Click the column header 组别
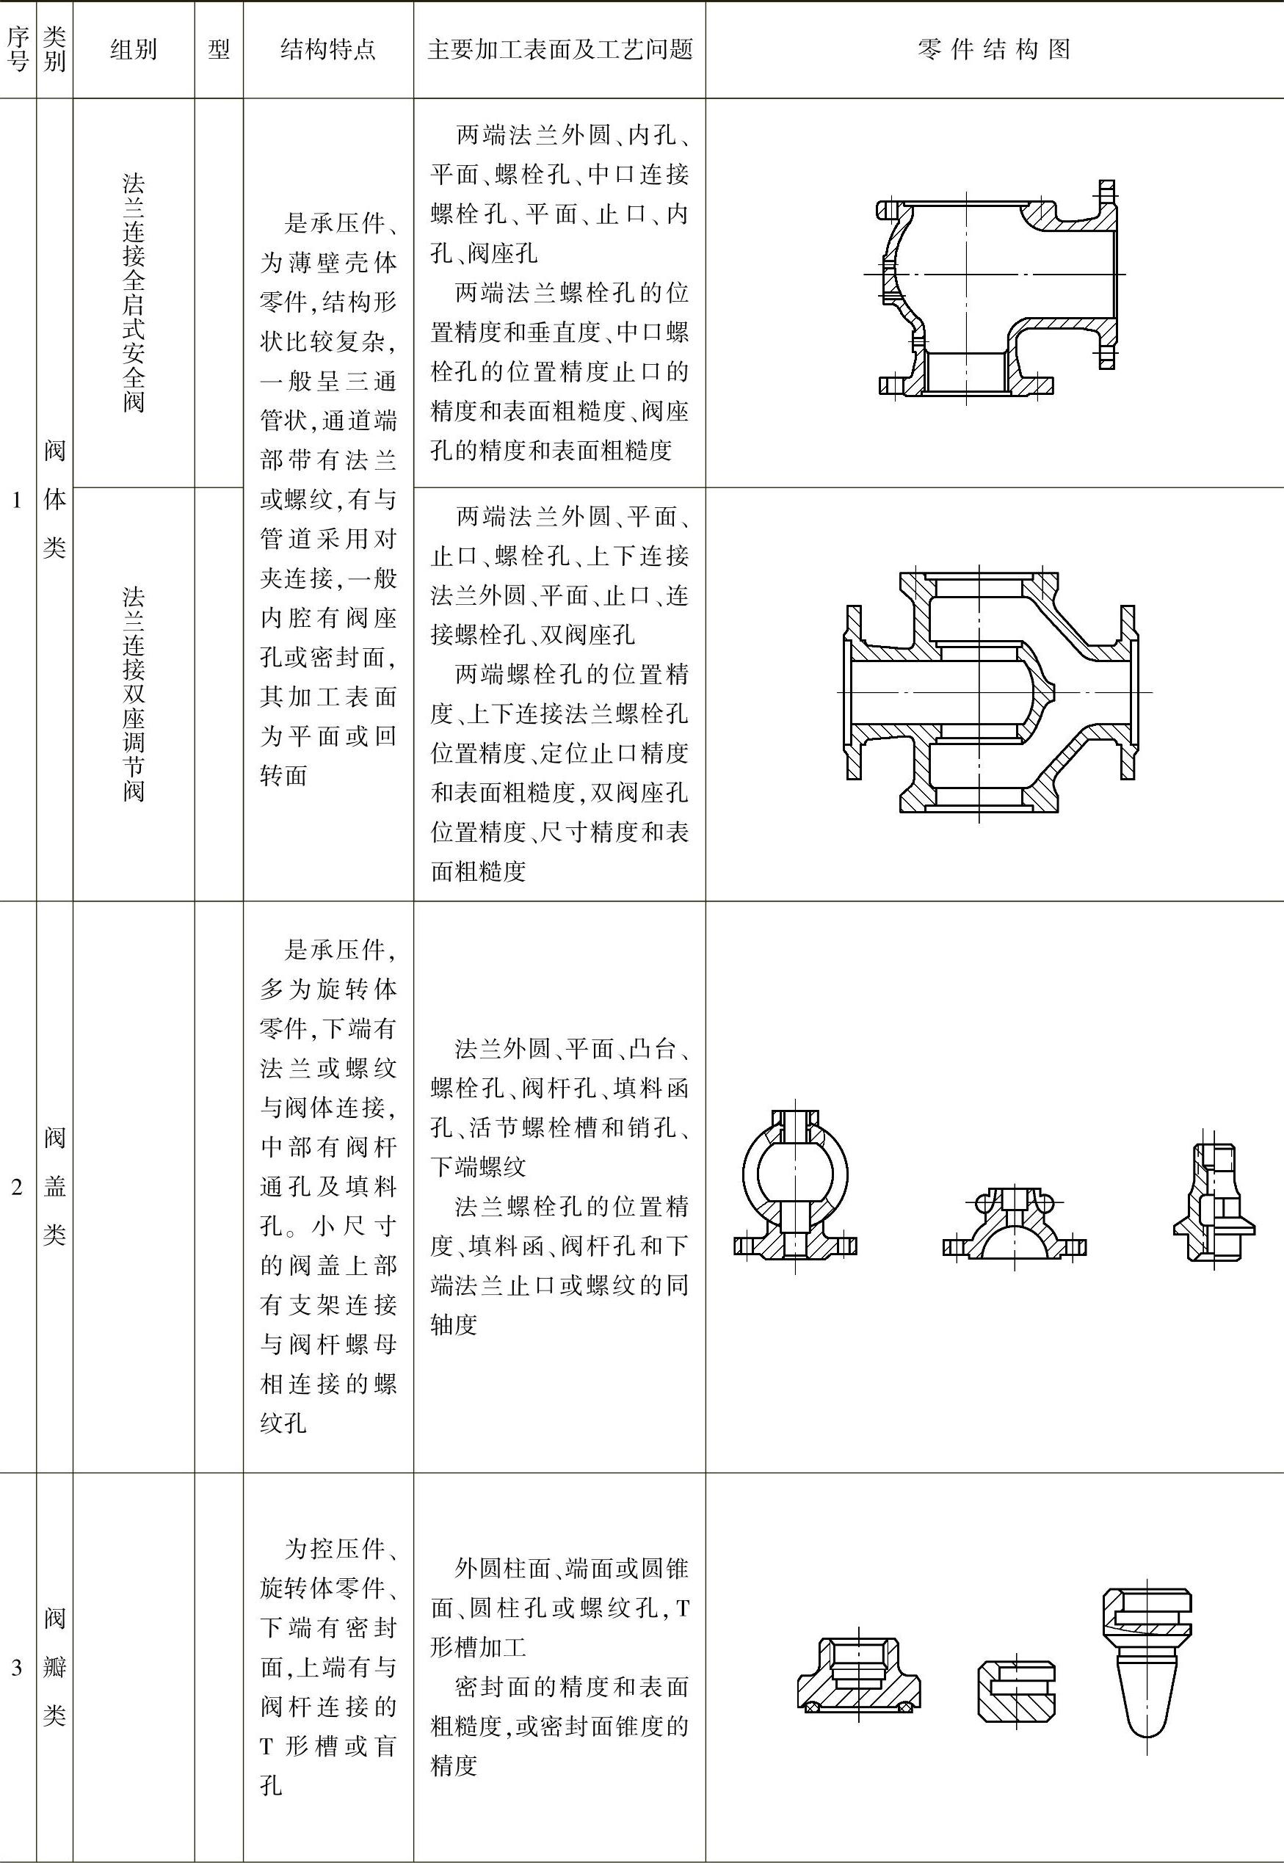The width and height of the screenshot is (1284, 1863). (x=134, y=50)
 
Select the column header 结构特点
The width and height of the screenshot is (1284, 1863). (x=328, y=50)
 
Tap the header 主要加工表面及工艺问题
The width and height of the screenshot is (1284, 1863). (x=560, y=50)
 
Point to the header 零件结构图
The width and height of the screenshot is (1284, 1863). (x=994, y=50)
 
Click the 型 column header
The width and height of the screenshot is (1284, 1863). (x=219, y=50)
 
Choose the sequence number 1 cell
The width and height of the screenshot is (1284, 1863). (x=17, y=500)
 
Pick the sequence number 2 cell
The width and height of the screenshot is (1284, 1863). (x=17, y=1187)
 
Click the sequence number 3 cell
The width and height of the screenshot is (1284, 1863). (x=17, y=1668)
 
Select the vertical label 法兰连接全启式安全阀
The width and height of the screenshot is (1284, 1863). (x=134, y=293)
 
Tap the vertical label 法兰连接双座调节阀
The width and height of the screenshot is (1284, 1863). (x=134, y=694)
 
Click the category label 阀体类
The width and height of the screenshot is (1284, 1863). (x=55, y=500)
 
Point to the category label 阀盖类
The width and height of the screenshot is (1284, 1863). (x=55, y=1187)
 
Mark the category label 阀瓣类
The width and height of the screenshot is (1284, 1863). (x=55, y=1668)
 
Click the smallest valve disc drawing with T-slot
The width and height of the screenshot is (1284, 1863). (x=1016, y=1692)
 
